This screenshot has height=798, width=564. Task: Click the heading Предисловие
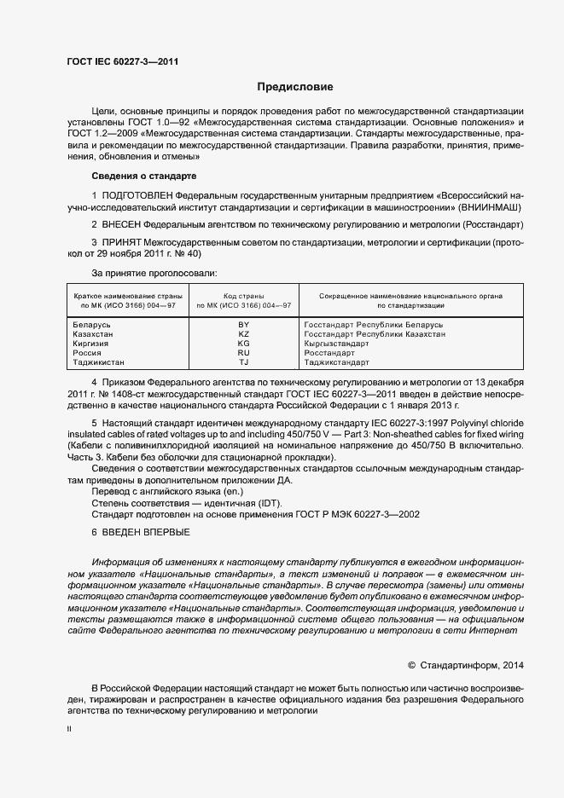coord(295,87)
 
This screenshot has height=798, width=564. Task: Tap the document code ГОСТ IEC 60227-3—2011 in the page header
coord(122,61)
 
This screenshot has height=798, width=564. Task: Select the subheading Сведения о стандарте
coord(143,176)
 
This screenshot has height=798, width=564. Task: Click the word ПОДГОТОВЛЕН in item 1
coord(135,195)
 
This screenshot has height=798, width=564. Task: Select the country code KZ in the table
coord(243,334)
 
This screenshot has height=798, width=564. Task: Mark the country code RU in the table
coord(243,353)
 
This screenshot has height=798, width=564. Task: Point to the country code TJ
coord(243,362)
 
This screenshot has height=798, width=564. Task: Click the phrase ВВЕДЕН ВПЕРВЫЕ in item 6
coord(148,532)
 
